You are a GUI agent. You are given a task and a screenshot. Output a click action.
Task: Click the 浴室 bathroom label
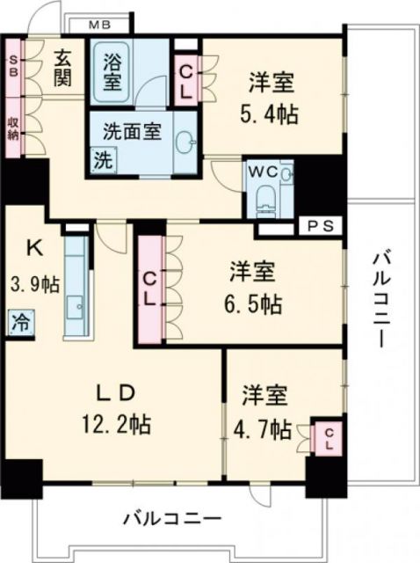pos(112,70)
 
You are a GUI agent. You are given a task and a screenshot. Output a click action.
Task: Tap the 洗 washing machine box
pos(103,162)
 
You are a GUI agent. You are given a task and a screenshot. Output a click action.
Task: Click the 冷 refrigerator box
pos(19,322)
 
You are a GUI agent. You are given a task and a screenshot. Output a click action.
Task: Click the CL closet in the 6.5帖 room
pos(150,288)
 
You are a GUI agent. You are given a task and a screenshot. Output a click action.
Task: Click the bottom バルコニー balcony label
pos(172,516)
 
